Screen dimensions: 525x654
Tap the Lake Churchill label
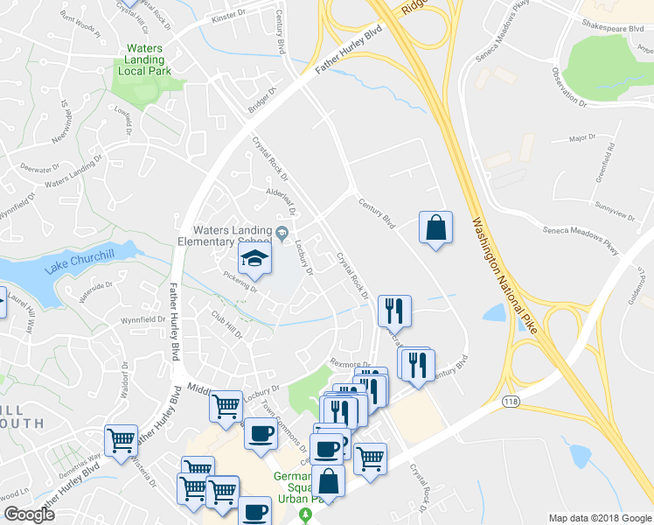pyautogui.click(x=81, y=260)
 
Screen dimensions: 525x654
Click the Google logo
pyautogui.click(x=28, y=514)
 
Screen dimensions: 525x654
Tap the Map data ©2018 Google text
pyautogui.click(x=599, y=518)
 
